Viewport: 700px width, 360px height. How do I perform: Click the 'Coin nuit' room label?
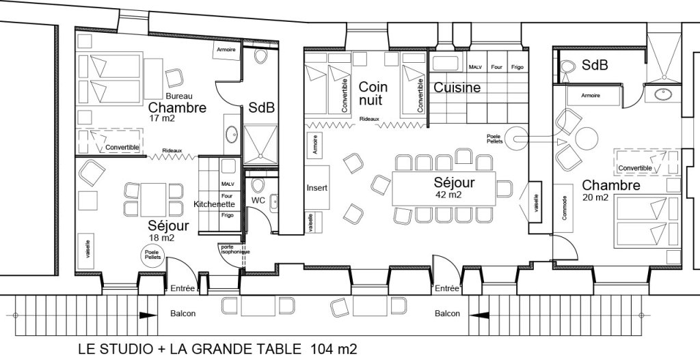pyautogui.click(x=373, y=94)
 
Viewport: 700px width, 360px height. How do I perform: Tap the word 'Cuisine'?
pyautogui.click(x=457, y=88)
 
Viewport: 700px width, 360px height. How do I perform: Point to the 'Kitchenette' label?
pyautogui.click(x=215, y=204)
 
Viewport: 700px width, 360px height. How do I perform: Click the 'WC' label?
pyautogui.click(x=258, y=200)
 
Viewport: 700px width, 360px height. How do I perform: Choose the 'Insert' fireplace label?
pyautogui.click(x=317, y=188)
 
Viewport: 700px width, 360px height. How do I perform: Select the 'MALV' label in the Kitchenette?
pyautogui.click(x=227, y=184)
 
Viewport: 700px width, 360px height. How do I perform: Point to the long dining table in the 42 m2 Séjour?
pyautogui.click(x=444, y=189)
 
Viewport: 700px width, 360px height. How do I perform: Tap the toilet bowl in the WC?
pyautogui.click(x=257, y=186)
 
